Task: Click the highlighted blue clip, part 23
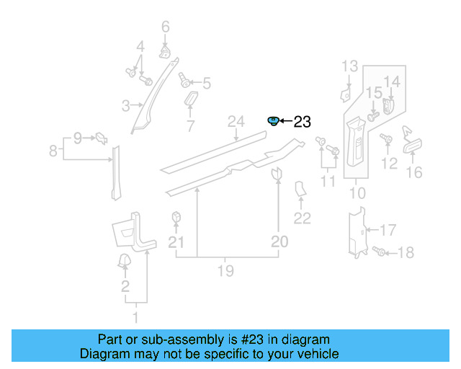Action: [273, 121]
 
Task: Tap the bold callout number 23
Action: [303, 122]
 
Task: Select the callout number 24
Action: [236, 122]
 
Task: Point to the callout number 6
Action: [166, 27]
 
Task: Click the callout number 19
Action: [225, 271]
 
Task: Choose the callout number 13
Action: [350, 66]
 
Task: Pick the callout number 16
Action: [414, 172]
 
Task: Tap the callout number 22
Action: [303, 218]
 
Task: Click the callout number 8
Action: [53, 151]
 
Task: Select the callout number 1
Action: [135, 318]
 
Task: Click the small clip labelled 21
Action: [176, 218]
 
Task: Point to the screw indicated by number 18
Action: [379, 252]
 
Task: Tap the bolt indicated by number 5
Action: [184, 80]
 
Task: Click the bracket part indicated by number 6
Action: [165, 51]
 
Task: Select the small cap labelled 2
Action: [124, 261]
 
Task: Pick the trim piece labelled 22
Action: [300, 189]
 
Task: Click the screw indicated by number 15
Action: [373, 116]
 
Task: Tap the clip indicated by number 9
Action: [102, 138]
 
